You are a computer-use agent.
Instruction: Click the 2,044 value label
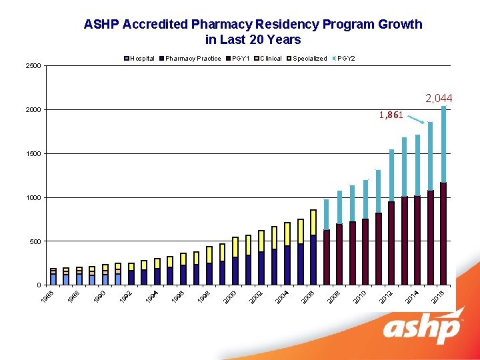point(438,99)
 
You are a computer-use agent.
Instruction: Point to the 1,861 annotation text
point(391,115)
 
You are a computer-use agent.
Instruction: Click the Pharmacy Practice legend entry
point(193,59)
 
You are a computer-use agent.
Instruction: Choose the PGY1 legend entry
point(241,59)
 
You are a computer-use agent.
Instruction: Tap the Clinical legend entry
point(270,59)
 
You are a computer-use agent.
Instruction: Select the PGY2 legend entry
point(346,59)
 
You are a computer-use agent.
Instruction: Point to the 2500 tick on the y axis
point(33,66)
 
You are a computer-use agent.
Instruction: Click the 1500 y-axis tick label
point(33,154)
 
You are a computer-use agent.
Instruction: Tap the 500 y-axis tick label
point(35,241)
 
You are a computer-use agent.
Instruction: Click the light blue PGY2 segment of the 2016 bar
point(443,143)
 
